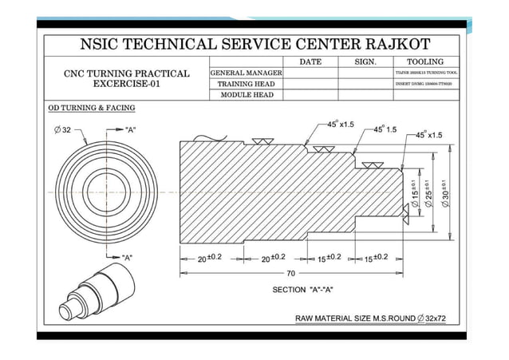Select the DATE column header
pyautogui.click(x=310, y=61)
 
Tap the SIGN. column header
pyautogui.click(x=365, y=61)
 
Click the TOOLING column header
pyautogui.click(x=425, y=61)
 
